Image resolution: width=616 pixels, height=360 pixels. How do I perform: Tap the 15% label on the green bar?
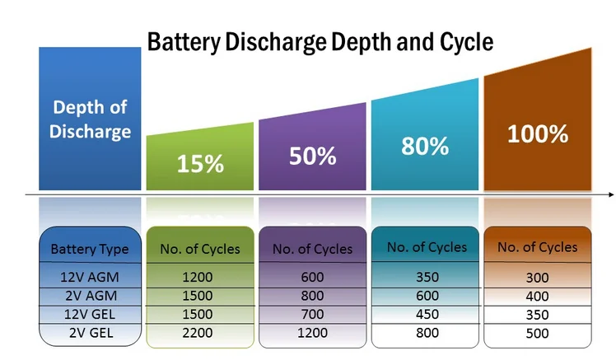(x=200, y=162)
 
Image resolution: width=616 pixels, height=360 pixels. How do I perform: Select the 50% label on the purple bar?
(x=312, y=155)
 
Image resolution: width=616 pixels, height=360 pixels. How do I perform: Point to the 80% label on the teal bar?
(x=425, y=146)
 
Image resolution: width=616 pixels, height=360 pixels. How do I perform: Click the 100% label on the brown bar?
(x=537, y=133)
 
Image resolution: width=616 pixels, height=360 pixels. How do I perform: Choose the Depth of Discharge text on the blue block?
(x=91, y=119)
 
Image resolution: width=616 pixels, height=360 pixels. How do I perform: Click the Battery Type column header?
(x=91, y=248)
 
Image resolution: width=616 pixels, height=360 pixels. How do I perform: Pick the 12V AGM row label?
(x=91, y=278)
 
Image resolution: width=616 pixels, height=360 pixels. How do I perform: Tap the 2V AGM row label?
(x=91, y=296)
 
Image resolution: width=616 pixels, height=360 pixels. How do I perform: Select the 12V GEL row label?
(x=91, y=314)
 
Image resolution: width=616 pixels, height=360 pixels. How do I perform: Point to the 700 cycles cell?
(x=312, y=314)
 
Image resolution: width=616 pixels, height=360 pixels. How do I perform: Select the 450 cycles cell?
(x=427, y=314)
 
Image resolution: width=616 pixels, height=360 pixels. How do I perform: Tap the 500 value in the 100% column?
(x=537, y=333)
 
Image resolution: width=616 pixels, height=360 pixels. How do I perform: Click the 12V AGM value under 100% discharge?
(x=537, y=278)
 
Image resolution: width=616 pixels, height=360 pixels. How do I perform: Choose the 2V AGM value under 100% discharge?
(x=537, y=297)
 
